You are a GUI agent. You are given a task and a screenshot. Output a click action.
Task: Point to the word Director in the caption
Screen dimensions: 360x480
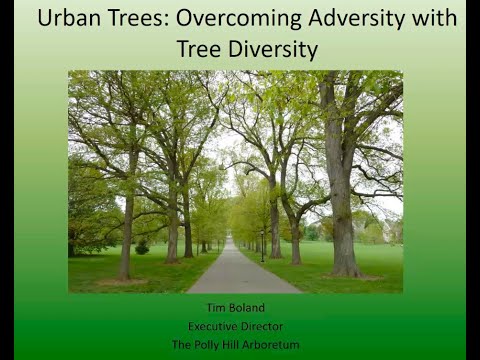click(266, 327)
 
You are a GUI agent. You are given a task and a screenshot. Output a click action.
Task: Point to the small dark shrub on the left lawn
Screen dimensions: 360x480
click(142, 247)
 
